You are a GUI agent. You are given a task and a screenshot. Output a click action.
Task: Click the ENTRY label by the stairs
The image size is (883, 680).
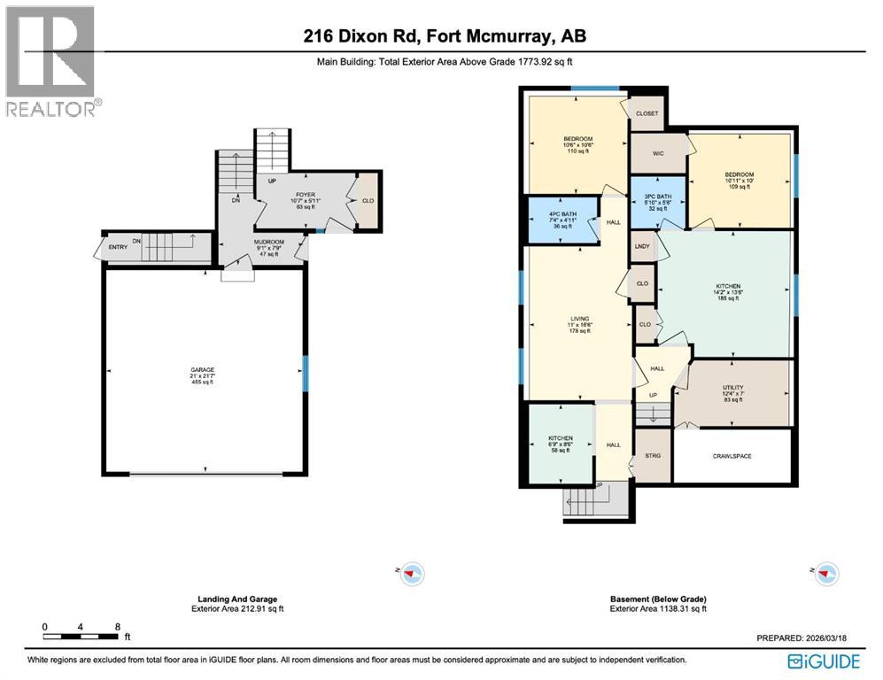point(119,246)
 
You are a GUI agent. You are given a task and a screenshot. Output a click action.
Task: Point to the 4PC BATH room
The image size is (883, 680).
point(563,214)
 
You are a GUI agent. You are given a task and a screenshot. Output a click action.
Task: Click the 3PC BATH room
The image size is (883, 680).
point(656,200)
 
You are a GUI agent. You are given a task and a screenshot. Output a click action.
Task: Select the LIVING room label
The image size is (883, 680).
point(580,319)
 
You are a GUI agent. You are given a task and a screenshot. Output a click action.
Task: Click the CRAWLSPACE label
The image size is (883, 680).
point(732,455)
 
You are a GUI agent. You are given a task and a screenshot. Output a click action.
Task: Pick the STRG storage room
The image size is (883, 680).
point(654,455)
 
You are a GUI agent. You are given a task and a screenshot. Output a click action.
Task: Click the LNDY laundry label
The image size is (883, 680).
point(642,246)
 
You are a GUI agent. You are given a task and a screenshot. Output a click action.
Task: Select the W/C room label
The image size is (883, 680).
point(658,153)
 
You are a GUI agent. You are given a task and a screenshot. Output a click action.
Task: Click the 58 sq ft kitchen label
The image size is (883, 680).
point(560,438)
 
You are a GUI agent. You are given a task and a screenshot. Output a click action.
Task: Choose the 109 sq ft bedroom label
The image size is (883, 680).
point(739,174)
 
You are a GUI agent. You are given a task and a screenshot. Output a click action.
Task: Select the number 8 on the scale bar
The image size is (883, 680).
point(118,626)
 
